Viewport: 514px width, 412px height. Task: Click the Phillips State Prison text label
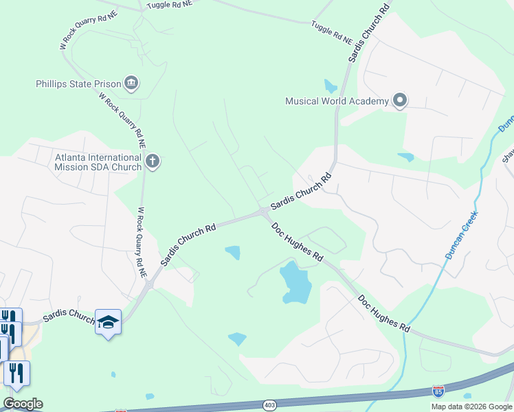pyautogui.click(x=78, y=84)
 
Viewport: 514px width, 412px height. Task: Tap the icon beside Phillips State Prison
pyautogui.click(x=131, y=84)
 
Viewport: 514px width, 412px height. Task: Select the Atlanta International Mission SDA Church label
pyautogui.click(x=98, y=161)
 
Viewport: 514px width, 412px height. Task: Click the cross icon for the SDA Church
pyautogui.click(x=153, y=161)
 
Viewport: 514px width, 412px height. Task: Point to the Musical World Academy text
pyautogui.click(x=337, y=101)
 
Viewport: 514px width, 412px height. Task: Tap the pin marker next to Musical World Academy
pyautogui.click(x=400, y=101)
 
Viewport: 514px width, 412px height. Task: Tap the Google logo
pyautogui.click(x=23, y=403)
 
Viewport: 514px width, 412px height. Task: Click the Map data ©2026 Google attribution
pyautogui.click(x=471, y=407)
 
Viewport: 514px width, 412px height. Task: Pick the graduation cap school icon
pyautogui.click(x=108, y=321)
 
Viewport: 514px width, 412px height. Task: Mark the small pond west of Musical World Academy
pyautogui.click(x=331, y=87)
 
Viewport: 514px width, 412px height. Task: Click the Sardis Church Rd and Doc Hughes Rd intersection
pyautogui.click(x=264, y=212)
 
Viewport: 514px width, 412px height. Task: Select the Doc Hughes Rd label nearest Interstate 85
pyautogui.click(x=383, y=314)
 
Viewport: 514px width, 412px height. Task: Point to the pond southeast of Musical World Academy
pyautogui.click(x=406, y=157)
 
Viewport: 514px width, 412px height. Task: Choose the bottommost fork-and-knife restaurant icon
pyautogui.click(x=15, y=373)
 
